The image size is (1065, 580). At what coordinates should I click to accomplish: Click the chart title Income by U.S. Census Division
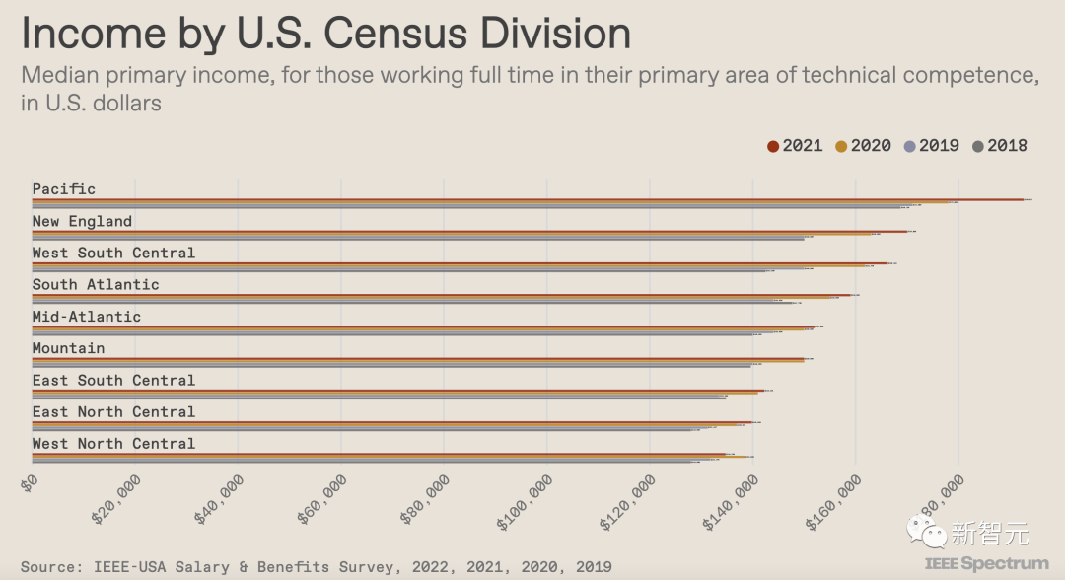click(325, 34)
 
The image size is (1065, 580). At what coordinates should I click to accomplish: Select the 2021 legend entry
click(795, 146)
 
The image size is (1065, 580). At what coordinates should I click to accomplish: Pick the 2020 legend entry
click(863, 146)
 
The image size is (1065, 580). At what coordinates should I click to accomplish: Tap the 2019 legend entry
click(931, 146)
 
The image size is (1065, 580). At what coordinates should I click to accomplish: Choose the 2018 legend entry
click(999, 146)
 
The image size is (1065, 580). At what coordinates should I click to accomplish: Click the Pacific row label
click(64, 188)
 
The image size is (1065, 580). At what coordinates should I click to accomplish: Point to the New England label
click(82, 221)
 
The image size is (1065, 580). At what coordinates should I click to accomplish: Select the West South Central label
click(113, 253)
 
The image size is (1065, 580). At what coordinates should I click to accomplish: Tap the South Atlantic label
click(96, 284)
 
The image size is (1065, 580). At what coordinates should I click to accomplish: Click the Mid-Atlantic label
click(87, 317)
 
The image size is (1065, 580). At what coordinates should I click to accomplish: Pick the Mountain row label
click(68, 348)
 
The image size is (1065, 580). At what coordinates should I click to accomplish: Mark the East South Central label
click(113, 380)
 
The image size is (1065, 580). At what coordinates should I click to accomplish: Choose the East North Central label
click(113, 411)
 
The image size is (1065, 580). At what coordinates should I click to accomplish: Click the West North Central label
click(113, 444)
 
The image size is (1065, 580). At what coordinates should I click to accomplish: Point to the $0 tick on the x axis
click(30, 482)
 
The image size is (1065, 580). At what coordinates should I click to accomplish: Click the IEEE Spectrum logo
click(986, 564)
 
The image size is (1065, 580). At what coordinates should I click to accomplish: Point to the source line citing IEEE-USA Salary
click(316, 566)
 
